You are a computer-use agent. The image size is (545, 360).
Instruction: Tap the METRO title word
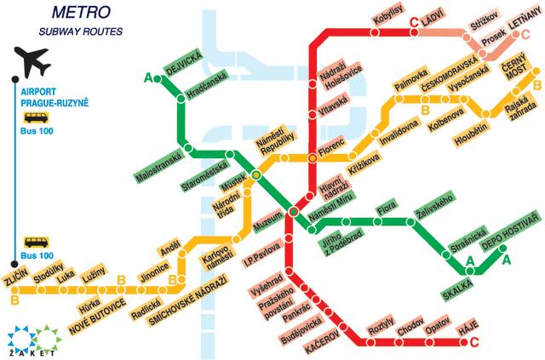click(x=78, y=13)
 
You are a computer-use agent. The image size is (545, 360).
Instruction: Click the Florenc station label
click(x=331, y=146)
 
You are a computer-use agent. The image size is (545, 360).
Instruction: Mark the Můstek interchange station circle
click(x=256, y=174)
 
